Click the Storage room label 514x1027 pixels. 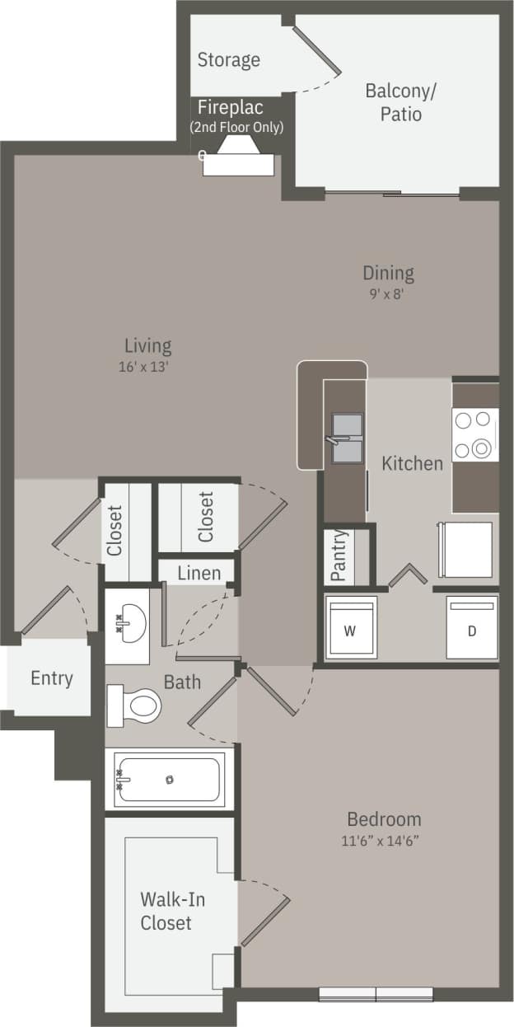tap(228, 60)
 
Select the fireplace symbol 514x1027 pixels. tap(238, 156)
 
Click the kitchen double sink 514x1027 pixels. tap(346, 438)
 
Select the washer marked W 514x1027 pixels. tap(350, 629)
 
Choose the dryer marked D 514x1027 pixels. tap(472, 629)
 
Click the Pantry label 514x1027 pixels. tap(338, 556)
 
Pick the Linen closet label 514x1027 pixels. tap(199, 572)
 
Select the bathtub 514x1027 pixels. tap(170, 779)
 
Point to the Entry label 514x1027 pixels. tap(52, 678)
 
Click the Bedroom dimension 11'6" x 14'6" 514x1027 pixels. tap(384, 841)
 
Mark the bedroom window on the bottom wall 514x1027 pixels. tap(376, 993)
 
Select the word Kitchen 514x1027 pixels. tap(412, 463)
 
